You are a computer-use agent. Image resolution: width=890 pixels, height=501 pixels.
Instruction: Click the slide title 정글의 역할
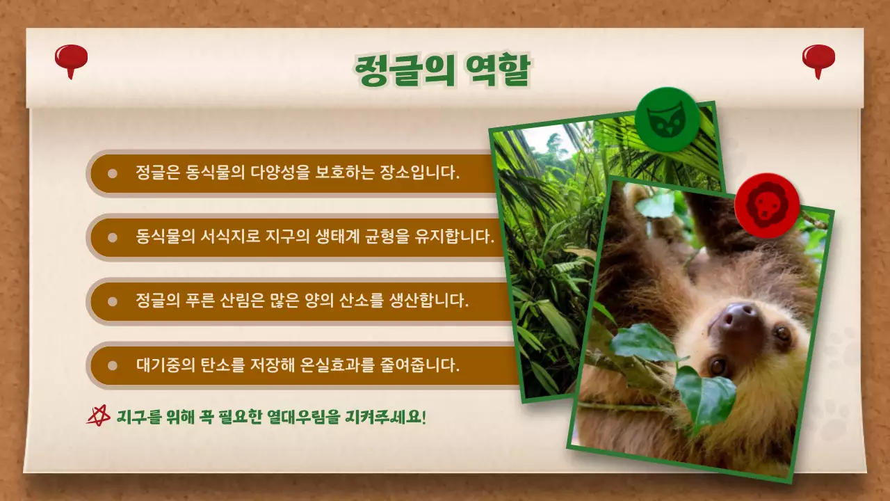(442, 70)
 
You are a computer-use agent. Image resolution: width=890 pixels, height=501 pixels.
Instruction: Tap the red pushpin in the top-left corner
(71, 58)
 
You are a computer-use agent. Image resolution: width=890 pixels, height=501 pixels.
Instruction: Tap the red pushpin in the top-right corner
(818, 58)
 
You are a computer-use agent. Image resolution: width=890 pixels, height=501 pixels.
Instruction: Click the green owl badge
(667, 120)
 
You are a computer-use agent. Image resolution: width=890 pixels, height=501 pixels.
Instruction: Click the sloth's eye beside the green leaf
(717, 365)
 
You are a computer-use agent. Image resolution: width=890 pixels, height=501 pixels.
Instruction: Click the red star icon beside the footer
(99, 415)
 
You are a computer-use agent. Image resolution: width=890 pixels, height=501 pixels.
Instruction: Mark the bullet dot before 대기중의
(112, 365)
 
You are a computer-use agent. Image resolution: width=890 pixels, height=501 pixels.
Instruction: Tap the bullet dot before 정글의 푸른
(112, 301)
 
